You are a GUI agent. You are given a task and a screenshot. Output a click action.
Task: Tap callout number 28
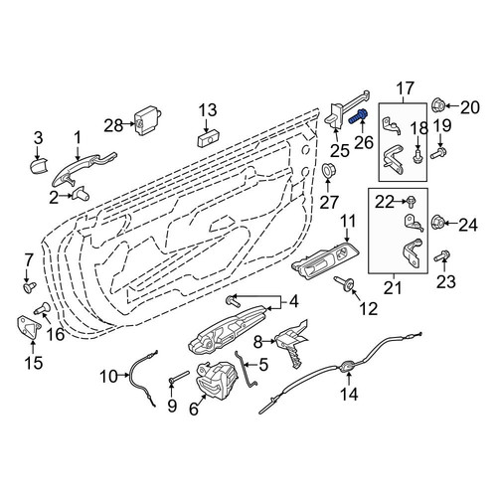coord(114,125)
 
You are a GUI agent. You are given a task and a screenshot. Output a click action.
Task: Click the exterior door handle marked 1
coord(83,167)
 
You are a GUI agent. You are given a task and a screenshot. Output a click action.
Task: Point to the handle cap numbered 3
coord(38,165)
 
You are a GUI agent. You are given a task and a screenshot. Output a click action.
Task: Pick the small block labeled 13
coord(209,141)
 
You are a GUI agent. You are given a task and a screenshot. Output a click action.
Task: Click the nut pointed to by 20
coord(438,105)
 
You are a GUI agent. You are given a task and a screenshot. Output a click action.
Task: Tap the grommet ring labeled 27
coord(328,170)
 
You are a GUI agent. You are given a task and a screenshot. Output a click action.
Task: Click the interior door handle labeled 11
coord(325,259)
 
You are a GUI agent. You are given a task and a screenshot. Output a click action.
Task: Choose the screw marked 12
coord(344,283)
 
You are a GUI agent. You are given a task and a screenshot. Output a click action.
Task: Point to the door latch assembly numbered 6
coord(218,380)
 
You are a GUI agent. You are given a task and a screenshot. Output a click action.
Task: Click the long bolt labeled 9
coord(179,377)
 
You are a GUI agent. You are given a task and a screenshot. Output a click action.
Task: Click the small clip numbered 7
coord(30,286)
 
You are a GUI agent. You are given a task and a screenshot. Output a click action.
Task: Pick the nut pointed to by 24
coord(437,222)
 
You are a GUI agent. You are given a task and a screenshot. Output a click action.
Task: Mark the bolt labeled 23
coord(442,256)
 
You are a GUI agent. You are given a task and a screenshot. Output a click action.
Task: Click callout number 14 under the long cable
coord(349,395)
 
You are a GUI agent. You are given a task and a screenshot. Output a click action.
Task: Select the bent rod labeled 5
coord(246,369)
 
